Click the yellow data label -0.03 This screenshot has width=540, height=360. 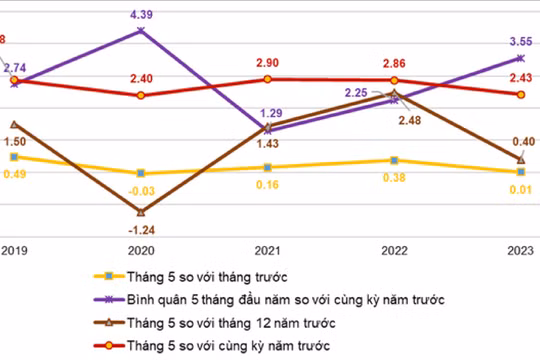click(140, 190)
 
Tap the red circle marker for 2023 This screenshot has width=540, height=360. click(520, 94)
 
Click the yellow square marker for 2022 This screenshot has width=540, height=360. click(395, 160)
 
